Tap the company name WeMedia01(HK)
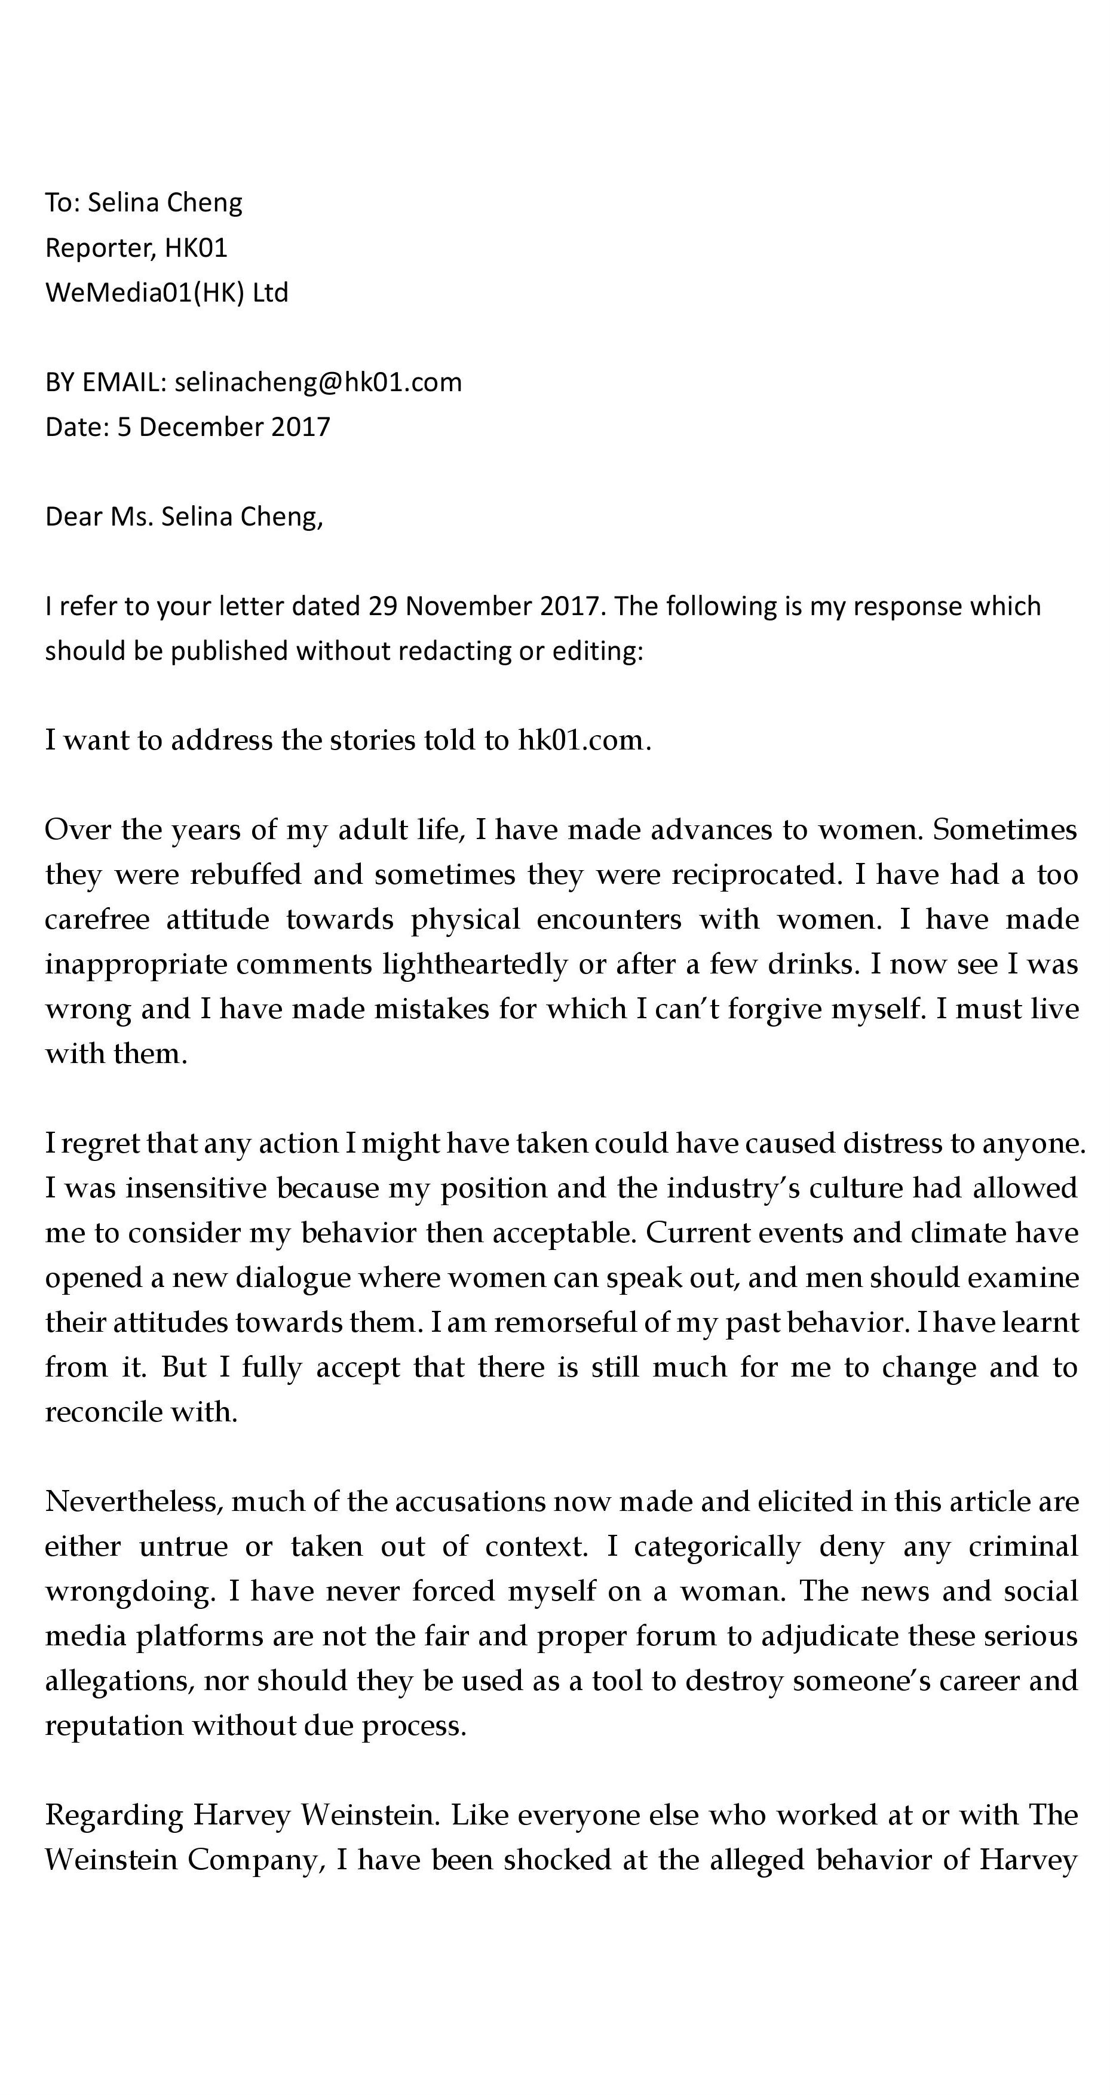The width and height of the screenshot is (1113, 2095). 144,292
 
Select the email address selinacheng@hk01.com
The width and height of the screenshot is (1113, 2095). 318,382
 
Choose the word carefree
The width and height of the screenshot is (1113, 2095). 97,919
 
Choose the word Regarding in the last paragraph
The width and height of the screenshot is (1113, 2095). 114,1814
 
